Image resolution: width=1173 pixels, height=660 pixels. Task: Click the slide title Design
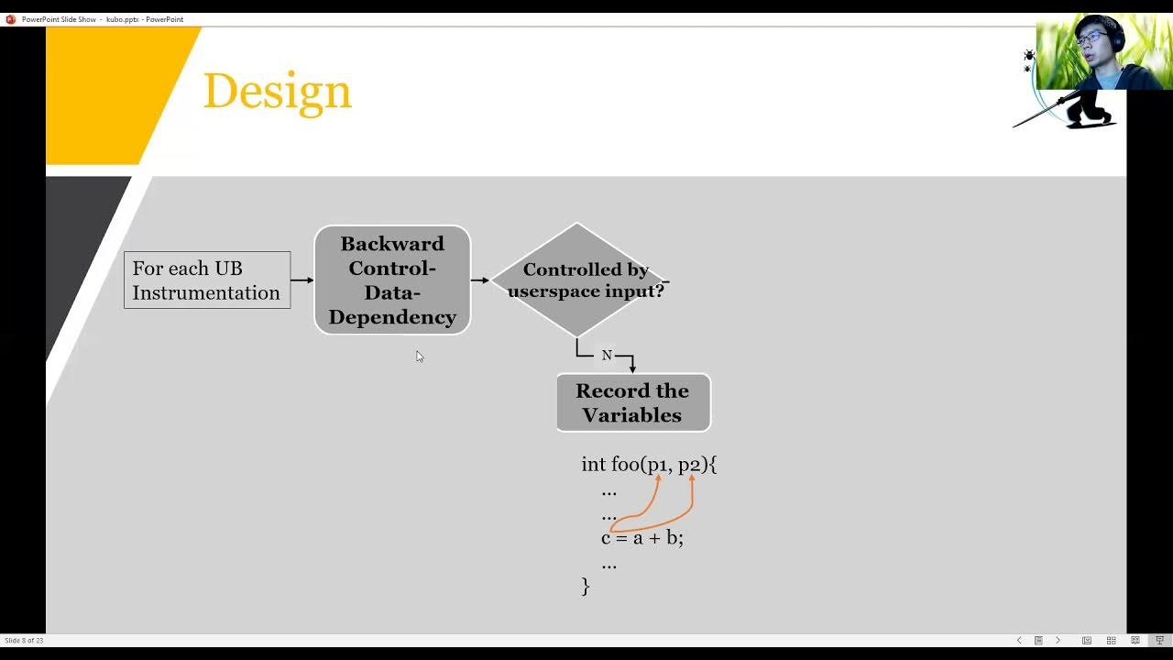(x=277, y=92)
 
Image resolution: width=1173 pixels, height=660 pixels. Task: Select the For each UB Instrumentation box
(x=207, y=280)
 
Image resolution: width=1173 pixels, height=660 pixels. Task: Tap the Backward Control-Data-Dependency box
(x=392, y=280)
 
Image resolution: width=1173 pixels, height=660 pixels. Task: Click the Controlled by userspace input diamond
(x=577, y=280)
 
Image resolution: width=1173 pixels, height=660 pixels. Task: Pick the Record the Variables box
(x=632, y=402)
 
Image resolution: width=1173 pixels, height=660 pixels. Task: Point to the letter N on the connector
(x=607, y=356)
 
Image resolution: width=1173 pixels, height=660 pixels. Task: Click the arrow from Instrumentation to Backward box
(x=301, y=280)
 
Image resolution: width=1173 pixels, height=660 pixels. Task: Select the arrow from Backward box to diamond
(x=480, y=280)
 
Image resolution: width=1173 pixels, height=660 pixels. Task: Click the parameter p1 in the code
(x=658, y=465)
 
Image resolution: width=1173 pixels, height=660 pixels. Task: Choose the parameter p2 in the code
(x=690, y=465)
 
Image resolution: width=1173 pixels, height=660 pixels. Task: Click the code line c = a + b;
(x=642, y=538)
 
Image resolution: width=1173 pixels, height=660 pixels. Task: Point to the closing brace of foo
(x=586, y=586)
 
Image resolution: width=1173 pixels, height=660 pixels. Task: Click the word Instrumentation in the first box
(x=206, y=293)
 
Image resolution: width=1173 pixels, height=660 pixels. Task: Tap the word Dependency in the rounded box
(x=392, y=317)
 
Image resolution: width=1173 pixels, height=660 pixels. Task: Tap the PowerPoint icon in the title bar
(x=11, y=19)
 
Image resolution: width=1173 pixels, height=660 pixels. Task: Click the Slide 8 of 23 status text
(x=24, y=641)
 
